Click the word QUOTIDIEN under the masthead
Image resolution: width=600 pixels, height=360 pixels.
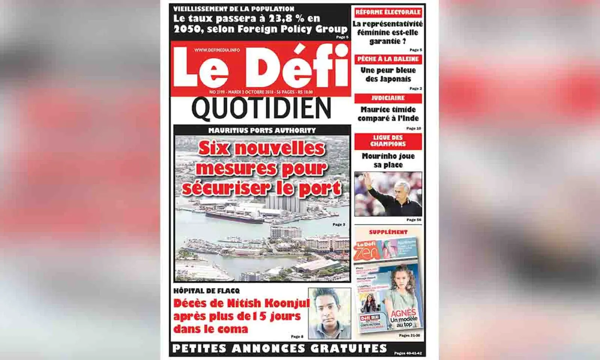pyautogui.click(x=261, y=109)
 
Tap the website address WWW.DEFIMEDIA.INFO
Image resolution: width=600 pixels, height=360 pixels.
pyautogui.click(x=217, y=50)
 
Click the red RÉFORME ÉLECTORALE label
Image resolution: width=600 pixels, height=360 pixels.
pyautogui.click(x=388, y=12)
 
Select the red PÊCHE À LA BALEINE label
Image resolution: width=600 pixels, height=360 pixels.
pyautogui.click(x=388, y=59)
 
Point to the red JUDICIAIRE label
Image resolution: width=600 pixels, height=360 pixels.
pyautogui.click(x=388, y=98)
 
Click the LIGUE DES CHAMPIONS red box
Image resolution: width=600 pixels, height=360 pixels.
pyautogui.click(x=388, y=141)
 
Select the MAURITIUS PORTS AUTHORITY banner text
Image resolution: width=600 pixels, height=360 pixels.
pyautogui.click(x=262, y=130)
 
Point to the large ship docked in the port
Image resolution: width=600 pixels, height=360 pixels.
pyautogui.click(x=234, y=217)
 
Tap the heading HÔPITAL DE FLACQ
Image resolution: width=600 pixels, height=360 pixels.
pyautogui.click(x=206, y=291)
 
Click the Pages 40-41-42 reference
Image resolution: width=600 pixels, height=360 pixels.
pyautogui.click(x=408, y=353)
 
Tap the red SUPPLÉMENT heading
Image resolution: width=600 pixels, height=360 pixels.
pyautogui.click(x=388, y=232)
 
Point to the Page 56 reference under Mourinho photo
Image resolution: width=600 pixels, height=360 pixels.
pyautogui.click(x=414, y=220)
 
